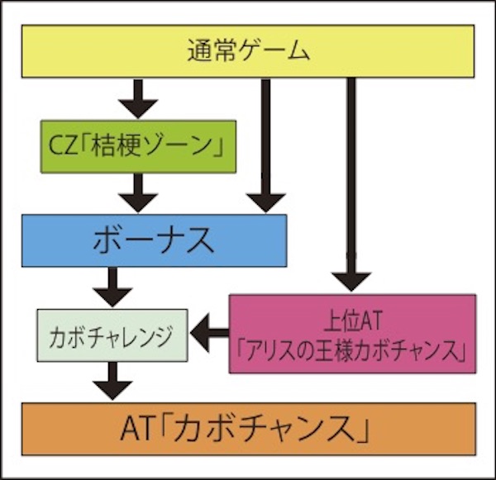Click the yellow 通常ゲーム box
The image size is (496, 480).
(x=248, y=51)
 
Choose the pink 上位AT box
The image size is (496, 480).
(x=351, y=333)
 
